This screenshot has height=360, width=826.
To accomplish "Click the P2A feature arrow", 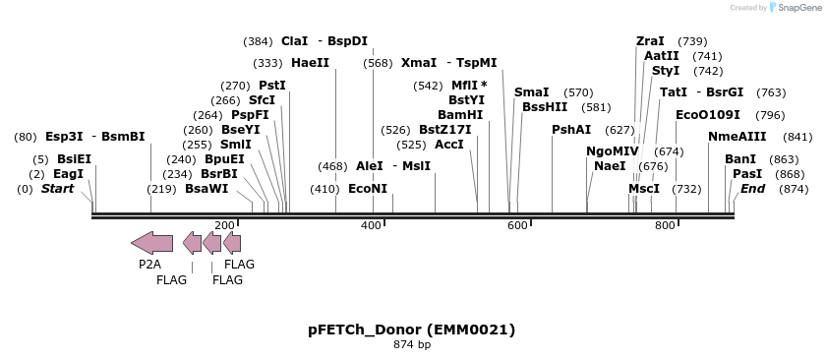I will coord(151,243).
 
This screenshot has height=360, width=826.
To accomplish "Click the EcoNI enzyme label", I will coord(368,189).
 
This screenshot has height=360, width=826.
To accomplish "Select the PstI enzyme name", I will coord(272,86).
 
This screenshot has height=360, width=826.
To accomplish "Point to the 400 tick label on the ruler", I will coord(371,226).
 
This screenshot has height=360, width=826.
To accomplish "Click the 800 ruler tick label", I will coord(665,226).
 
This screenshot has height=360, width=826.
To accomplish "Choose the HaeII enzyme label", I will coord(310,63).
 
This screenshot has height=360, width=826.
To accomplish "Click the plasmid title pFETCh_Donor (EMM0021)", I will coord(411,330).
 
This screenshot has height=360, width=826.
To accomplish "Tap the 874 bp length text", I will coord(412,345).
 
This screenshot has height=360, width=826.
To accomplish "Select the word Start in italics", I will coord(57,189).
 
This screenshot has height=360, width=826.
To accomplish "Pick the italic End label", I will coord(752,189).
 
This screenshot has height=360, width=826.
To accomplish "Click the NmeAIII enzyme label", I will coord(737,137).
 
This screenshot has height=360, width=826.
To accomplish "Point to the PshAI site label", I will coord(571,130).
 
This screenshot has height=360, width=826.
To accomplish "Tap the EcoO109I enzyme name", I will coord(708,115).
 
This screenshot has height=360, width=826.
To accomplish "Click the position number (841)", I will coord(797,137).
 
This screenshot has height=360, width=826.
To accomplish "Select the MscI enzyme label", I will coord(644,189).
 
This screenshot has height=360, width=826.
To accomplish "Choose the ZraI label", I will coord(650,41).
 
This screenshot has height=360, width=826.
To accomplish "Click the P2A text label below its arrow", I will coord(149,265).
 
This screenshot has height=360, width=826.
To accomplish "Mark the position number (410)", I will coord(324,189).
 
